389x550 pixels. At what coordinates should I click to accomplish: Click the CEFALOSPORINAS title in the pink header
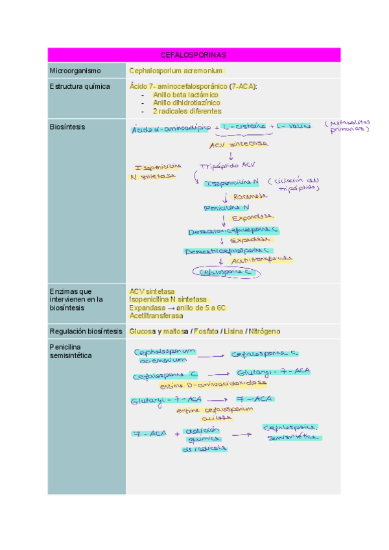[193, 55]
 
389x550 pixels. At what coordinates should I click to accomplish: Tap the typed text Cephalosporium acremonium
[176, 70]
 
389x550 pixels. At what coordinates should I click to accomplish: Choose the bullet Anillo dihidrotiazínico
[187, 102]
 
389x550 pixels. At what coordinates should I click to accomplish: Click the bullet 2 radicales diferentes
[187, 111]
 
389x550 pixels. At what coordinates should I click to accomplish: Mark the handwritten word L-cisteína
[243, 127]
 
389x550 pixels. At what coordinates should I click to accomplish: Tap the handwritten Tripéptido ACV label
[229, 165]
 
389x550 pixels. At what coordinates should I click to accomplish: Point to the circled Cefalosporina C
[228, 273]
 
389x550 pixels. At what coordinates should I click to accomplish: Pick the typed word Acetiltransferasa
[156, 316]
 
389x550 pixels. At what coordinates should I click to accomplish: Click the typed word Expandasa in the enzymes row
[147, 308]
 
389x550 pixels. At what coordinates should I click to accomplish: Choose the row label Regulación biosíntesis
[86, 331]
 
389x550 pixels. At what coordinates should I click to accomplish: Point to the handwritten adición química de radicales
[204, 439]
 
